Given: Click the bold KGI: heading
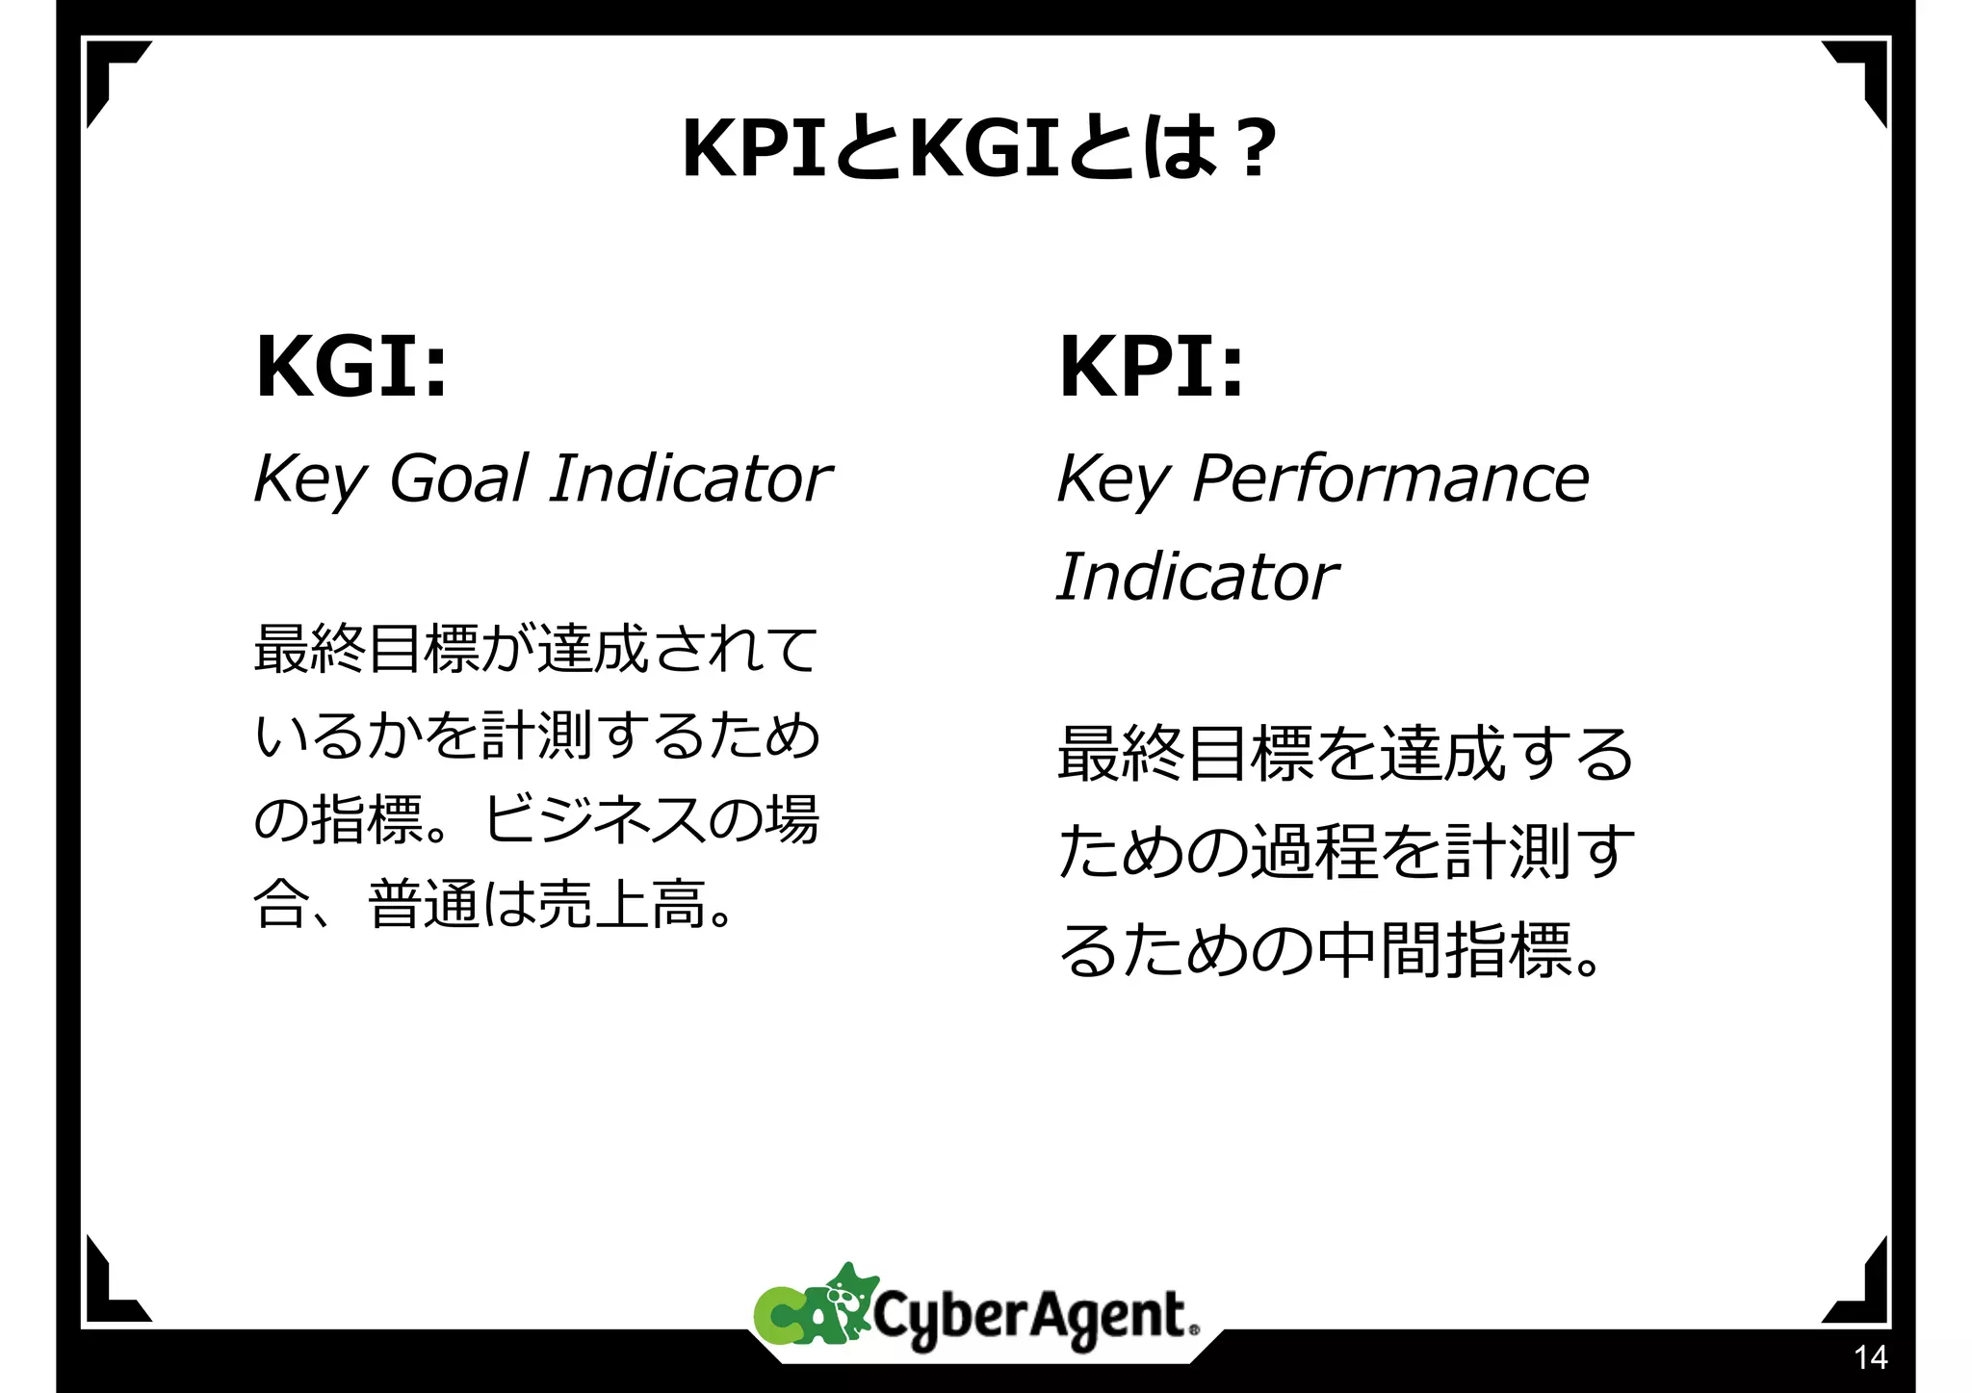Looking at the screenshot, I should tap(352, 367).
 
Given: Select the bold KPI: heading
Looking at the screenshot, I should tap(1152, 367).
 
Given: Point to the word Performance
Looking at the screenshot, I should tap(1390, 478).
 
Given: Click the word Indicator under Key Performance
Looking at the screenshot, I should tap(1197, 578).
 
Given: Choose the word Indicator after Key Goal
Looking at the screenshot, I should tap(690, 478).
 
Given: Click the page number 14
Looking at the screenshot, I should tap(1870, 1357).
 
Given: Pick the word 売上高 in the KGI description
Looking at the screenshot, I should tap(622, 905).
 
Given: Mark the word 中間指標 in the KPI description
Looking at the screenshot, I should tap(1444, 951).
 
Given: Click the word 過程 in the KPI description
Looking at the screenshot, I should tap(1313, 852).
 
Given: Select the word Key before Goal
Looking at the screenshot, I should tap(309, 480).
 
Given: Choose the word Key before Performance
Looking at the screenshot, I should tap(1113, 480).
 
